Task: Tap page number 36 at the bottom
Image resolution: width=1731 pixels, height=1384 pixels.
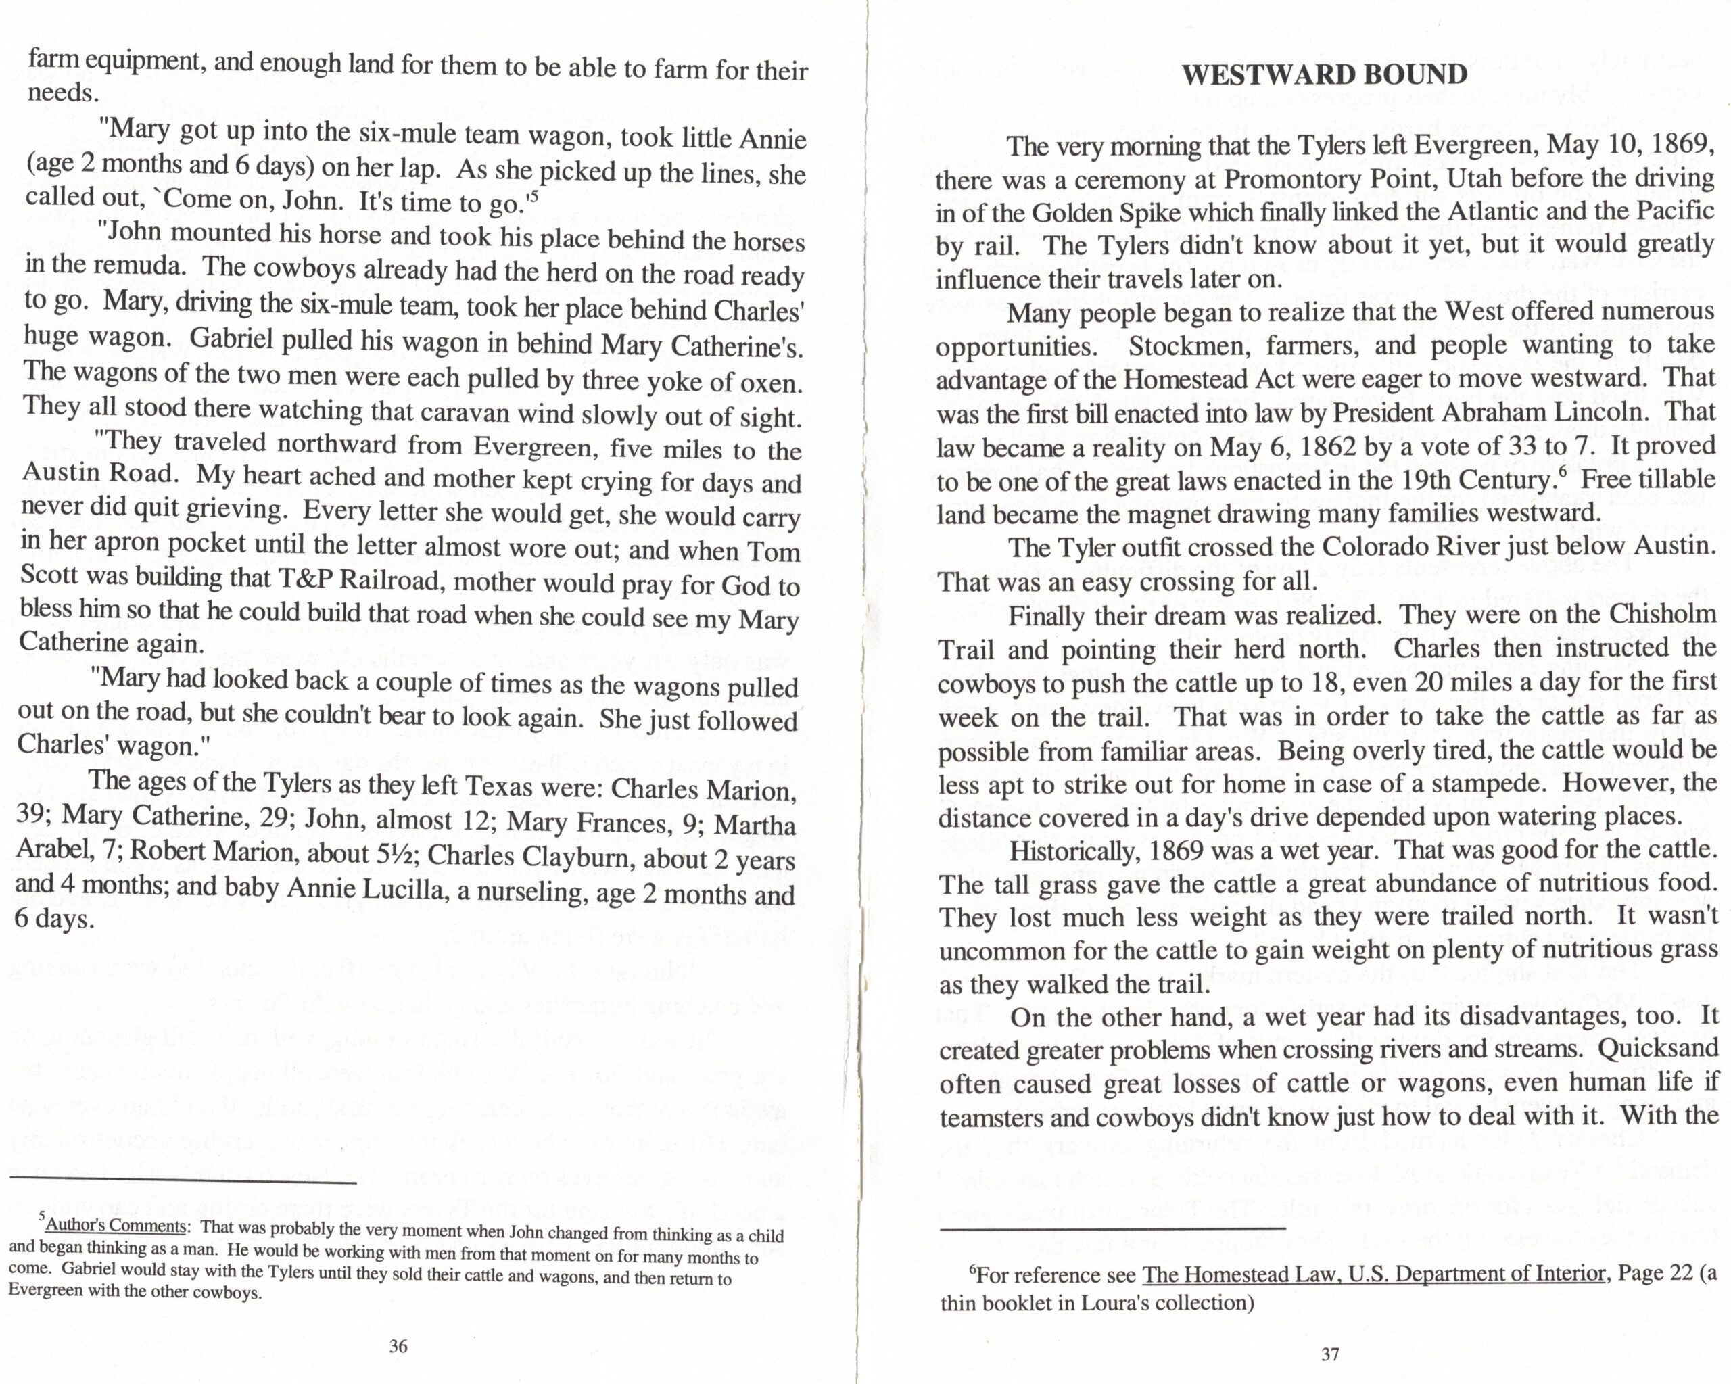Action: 398,1346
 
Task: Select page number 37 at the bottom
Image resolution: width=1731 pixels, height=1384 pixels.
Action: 1330,1354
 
